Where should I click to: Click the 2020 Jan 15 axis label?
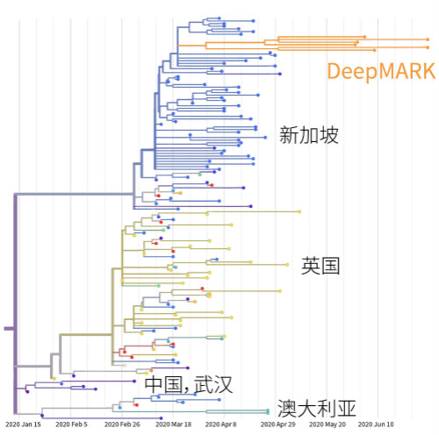(23, 424)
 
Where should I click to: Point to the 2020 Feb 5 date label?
(71, 424)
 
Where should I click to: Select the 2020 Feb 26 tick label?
(122, 424)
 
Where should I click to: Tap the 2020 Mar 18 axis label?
(173, 424)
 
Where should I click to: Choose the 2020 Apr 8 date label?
(220, 424)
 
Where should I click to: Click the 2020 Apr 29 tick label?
(278, 424)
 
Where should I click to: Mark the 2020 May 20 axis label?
(327, 424)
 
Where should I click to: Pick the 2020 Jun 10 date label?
(376, 424)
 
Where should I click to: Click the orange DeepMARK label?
(381, 71)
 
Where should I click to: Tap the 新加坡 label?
(309, 135)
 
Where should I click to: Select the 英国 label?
(320, 266)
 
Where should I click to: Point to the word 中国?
(163, 384)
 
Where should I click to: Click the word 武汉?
(213, 384)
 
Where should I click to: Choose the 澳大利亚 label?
(317, 409)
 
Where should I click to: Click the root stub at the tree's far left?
(9, 329)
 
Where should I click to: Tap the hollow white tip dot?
(125, 366)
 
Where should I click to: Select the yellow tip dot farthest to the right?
(299, 211)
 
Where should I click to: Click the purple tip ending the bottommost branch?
(161, 418)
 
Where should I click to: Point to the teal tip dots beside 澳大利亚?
(268, 411)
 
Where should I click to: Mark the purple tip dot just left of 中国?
(134, 382)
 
